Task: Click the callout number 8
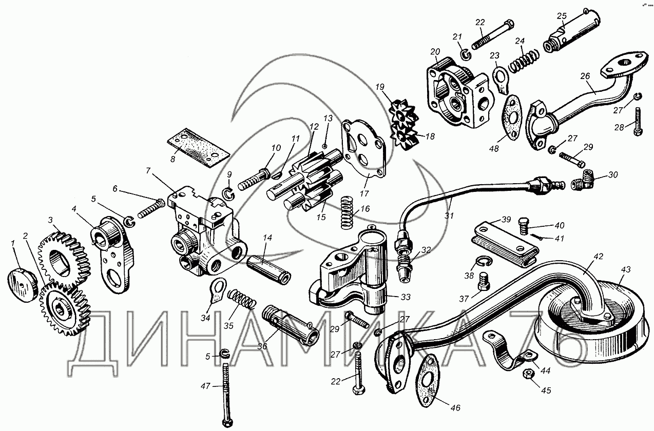pyautogui.click(x=173, y=160)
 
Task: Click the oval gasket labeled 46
pyautogui.click(x=428, y=381)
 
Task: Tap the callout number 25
pyautogui.click(x=562, y=16)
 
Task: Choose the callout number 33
pyautogui.click(x=405, y=297)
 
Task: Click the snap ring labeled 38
pyautogui.click(x=485, y=261)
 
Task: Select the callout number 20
pyautogui.click(x=435, y=52)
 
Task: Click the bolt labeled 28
pyautogui.click(x=638, y=122)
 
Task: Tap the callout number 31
pyautogui.click(x=449, y=215)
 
